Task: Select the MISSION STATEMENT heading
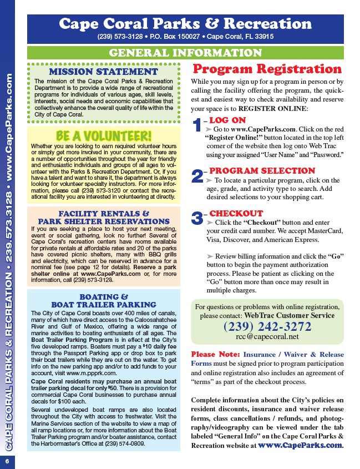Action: pyautogui.click(x=104, y=72)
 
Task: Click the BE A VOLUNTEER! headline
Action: pyautogui.click(x=104, y=136)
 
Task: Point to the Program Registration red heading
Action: pyautogui.click(x=267, y=69)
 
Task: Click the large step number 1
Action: pyautogui.click(x=197, y=126)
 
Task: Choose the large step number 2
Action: pyautogui.click(x=197, y=176)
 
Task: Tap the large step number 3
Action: pyautogui.click(x=197, y=218)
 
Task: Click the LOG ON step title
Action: pyautogui.click(x=227, y=119)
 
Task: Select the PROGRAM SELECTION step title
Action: pyautogui.click(x=262, y=170)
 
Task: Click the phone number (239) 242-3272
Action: pyautogui.click(x=267, y=326)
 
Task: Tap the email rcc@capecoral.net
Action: pyautogui.click(x=267, y=336)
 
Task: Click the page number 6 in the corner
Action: pyautogui.click(x=8, y=461)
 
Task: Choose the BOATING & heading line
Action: pyautogui.click(x=104, y=296)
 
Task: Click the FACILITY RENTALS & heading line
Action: pyautogui.click(x=104, y=213)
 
